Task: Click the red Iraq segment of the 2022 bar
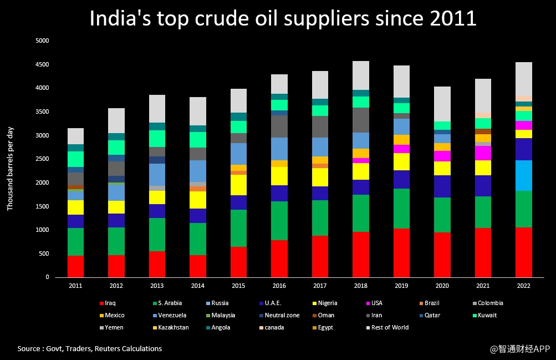(x=524, y=252)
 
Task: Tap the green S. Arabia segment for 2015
(x=239, y=228)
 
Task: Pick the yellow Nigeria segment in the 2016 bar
(x=279, y=176)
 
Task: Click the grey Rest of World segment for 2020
(x=442, y=104)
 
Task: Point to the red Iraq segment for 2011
(x=75, y=266)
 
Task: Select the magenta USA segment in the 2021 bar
(x=483, y=153)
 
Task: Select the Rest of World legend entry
(x=390, y=328)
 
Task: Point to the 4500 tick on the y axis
(x=42, y=64)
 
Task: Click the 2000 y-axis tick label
(x=42, y=183)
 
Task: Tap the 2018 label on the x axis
(x=361, y=286)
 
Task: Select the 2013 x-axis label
(x=157, y=286)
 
